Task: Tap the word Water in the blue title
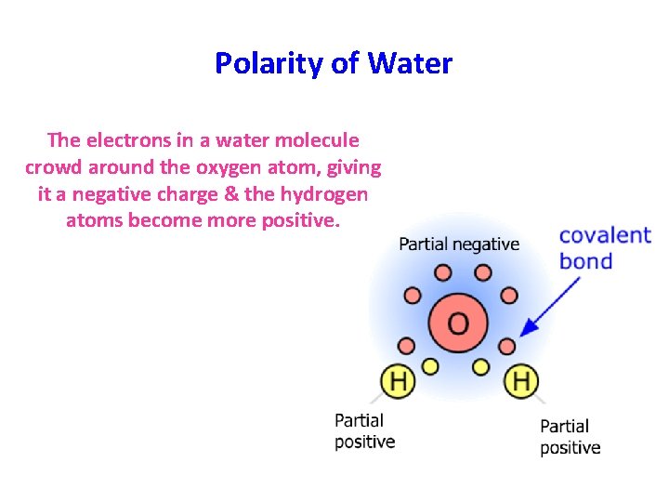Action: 410,63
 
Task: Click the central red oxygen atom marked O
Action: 458,322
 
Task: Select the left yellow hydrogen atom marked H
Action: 398,379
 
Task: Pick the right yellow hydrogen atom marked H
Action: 520,379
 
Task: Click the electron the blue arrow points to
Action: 507,346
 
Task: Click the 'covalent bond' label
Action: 605,247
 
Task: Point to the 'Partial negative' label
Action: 459,244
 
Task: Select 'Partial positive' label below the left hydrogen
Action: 364,431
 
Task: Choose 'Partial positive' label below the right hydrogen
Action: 570,437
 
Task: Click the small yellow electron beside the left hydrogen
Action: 429,365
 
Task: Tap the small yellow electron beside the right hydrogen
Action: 481,365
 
